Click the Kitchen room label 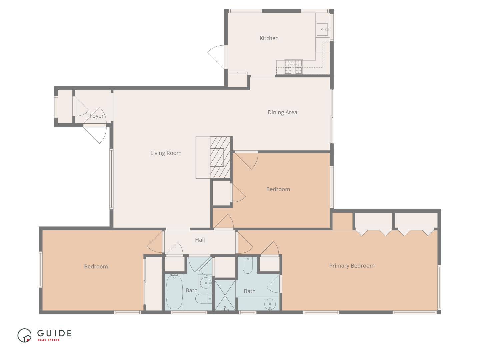click(269, 38)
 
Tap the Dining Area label click(282, 112)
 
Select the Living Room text click(166, 153)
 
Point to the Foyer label click(97, 116)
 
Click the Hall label click(200, 240)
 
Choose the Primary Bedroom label click(352, 266)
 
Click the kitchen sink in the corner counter click(322, 30)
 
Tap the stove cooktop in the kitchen click(293, 66)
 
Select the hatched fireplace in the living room click(220, 157)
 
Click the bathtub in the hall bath click(174, 292)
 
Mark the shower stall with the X click(225, 295)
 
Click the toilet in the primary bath click(248, 265)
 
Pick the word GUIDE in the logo click(54, 333)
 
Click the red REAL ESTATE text click(49, 340)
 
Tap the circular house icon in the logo click(24, 335)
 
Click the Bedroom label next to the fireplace click(278, 189)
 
